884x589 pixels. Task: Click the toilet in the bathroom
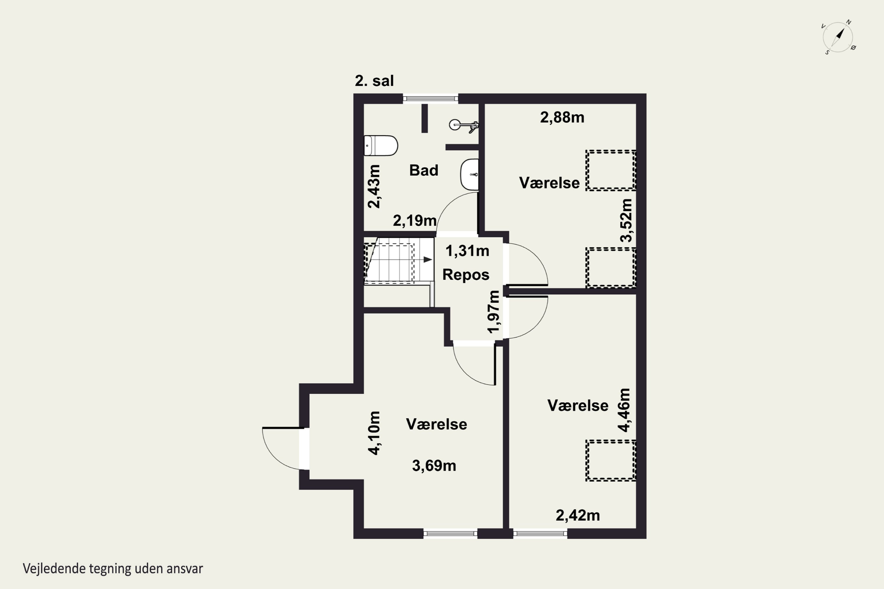tap(381, 145)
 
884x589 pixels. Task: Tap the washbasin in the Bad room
tap(470, 174)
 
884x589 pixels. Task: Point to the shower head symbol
tap(464, 125)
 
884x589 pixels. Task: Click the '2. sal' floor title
tap(374, 81)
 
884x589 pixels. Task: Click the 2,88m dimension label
tap(562, 118)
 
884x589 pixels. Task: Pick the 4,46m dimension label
tap(624, 410)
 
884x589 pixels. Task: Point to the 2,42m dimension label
tap(578, 515)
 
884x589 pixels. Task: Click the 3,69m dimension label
tap(434, 466)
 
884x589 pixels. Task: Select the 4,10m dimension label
tap(374, 433)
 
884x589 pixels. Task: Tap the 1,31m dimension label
tap(467, 251)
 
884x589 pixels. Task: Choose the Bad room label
tap(424, 171)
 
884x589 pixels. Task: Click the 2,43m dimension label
tap(374, 186)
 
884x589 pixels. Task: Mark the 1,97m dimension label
tap(494, 312)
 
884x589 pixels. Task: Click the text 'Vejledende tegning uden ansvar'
tap(113, 569)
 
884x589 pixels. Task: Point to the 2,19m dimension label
tap(415, 221)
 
